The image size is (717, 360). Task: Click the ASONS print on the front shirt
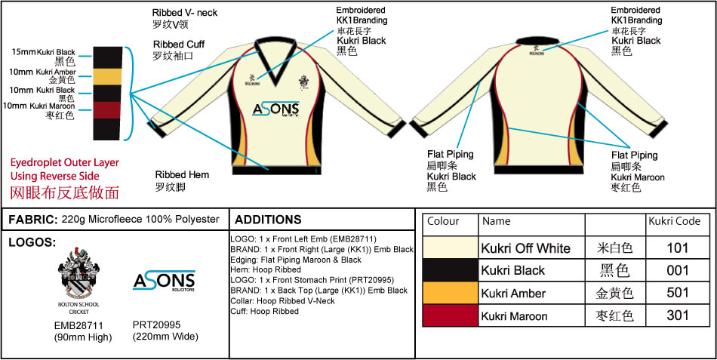pyautogui.click(x=275, y=109)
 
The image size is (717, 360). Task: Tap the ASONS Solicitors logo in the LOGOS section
pyautogui.click(x=164, y=280)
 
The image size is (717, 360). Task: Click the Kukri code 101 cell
pyautogui.click(x=677, y=248)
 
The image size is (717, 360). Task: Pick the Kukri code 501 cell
pyautogui.click(x=677, y=293)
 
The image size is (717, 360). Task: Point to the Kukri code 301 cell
pyautogui.click(x=677, y=315)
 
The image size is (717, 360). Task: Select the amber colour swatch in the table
pyautogui.click(x=450, y=293)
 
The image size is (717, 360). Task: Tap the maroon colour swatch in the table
pyautogui.click(x=450, y=315)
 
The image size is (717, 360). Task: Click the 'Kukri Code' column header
pyautogui.click(x=673, y=222)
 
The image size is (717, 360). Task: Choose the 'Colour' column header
pyautogui.click(x=443, y=222)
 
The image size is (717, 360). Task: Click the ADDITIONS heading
pyautogui.click(x=268, y=220)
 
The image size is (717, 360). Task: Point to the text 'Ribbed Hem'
pyautogui.click(x=182, y=174)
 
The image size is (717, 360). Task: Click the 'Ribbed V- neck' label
pyautogui.click(x=186, y=13)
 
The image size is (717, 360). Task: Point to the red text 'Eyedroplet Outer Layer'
pyautogui.click(x=64, y=162)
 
